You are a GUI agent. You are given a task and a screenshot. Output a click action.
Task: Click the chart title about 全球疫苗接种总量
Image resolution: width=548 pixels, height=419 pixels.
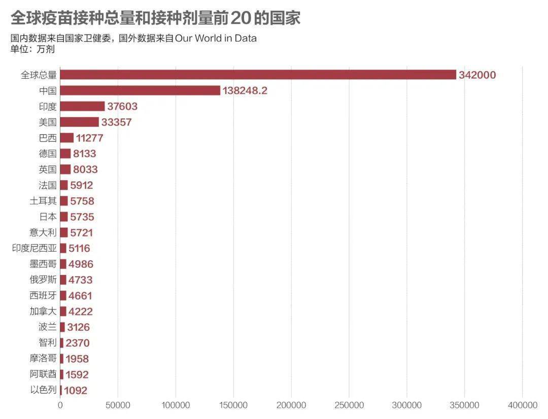point(155,18)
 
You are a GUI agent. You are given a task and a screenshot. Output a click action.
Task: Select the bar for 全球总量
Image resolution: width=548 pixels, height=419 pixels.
point(258,75)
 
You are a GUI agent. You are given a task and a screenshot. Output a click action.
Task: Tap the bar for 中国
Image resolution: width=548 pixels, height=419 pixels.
point(140,90)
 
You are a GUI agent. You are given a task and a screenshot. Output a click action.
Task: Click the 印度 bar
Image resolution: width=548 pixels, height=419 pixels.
point(82,106)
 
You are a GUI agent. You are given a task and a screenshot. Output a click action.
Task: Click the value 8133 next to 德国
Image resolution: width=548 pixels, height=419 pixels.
point(84,154)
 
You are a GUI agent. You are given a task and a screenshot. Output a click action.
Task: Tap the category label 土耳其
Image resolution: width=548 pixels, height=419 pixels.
point(43,201)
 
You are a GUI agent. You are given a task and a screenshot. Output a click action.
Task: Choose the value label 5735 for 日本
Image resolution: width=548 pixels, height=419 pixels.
point(82,217)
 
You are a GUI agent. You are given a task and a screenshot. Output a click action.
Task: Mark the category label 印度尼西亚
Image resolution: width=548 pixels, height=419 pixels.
point(34,249)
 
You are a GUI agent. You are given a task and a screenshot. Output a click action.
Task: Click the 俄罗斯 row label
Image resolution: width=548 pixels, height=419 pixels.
point(43,280)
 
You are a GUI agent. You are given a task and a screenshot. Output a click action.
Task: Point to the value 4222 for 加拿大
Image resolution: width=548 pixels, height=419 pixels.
point(81,311)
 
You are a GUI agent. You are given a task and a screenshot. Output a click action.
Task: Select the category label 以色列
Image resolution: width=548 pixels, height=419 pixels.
point(43,390)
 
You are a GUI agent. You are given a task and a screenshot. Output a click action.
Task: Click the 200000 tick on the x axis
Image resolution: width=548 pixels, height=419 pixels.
point(291,405)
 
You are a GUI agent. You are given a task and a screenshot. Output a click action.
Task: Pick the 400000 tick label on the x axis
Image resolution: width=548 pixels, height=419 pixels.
point(523,405)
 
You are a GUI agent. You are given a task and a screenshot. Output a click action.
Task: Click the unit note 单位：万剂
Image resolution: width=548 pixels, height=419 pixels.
point(32,49)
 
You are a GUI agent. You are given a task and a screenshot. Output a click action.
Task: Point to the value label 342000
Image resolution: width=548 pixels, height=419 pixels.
point(477,75)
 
